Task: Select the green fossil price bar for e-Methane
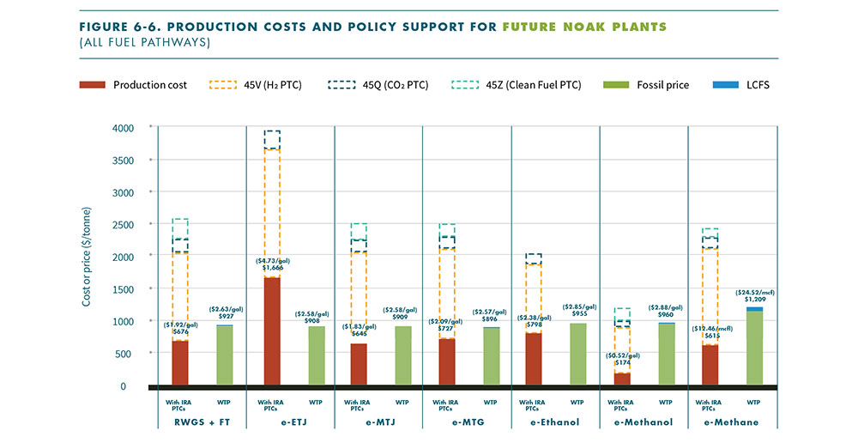(x=754, y=348)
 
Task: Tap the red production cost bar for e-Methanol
(x=621, y=379)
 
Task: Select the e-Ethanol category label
(x=555, y=422)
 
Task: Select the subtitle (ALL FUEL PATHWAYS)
(x=133, y=41)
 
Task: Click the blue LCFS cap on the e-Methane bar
(x=754, y=309)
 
